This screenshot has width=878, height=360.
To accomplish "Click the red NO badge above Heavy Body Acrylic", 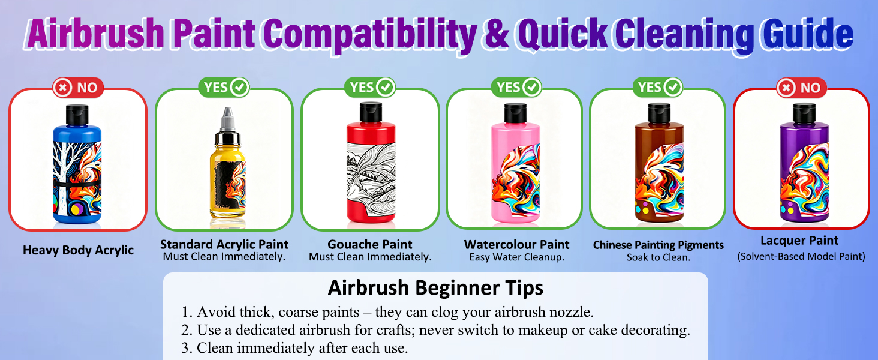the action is coord(79,87).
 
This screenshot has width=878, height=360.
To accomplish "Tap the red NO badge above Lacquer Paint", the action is coord(802,88).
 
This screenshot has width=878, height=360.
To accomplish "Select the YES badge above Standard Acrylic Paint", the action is coord(224,87).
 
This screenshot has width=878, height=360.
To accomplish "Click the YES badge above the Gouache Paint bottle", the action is coord(370,87).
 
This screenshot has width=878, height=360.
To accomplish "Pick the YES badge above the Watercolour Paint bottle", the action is coord(516,87).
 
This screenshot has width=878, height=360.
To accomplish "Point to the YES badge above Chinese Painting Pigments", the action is coord(658,87).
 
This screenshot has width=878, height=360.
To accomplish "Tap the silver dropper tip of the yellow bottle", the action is coord(227,119).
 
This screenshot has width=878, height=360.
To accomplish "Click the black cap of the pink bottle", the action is coord(515,113).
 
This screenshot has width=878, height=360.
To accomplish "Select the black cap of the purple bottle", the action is coord(804,113).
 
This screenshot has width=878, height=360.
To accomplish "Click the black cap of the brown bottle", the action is coord(659,113).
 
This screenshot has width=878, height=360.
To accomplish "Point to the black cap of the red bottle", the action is coord(371,113).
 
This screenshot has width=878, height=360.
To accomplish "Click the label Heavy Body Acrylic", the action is coord(79,250).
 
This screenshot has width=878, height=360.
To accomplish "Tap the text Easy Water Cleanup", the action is coord(516,257).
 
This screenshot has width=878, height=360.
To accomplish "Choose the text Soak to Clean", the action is coord(659,257).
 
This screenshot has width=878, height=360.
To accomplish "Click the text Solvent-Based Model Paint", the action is coord(801,256).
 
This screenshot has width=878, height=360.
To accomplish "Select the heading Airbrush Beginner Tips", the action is coord(435,288).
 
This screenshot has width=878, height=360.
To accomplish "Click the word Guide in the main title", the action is coord(807,35).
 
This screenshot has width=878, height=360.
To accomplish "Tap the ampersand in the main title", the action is coord(497,35).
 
